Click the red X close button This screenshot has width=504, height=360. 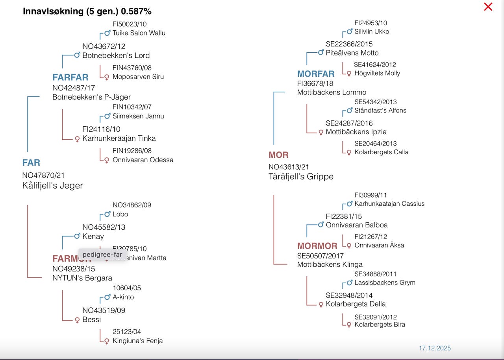pos(488,7)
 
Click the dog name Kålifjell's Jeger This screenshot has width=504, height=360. pos(52,186)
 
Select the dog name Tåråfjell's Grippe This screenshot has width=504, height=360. pos(301,177)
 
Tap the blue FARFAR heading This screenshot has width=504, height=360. pos(70,77)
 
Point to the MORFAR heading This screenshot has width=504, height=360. pos(316,74)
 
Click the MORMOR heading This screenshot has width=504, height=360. pos(317,246)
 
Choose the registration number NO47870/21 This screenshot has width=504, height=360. pos(43,175)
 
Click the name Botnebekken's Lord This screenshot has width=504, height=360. pos(116,55)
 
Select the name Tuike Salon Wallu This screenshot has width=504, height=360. pos(139,33)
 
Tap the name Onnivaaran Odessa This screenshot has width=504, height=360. pos(143,160)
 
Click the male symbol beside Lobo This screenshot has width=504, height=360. pos(107,214)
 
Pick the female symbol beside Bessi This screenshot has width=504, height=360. pos(77,320)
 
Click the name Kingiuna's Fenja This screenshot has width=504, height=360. pos(137,341)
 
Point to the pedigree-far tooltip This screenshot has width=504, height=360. pos(102,254)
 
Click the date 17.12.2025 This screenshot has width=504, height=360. pos(435,348)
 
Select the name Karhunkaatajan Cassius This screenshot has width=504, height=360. pos(389,204)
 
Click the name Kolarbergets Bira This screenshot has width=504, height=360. pos(380,325)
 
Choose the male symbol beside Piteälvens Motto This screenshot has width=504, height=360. pos(321,52)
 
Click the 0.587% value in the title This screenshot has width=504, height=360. pos(136,11)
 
